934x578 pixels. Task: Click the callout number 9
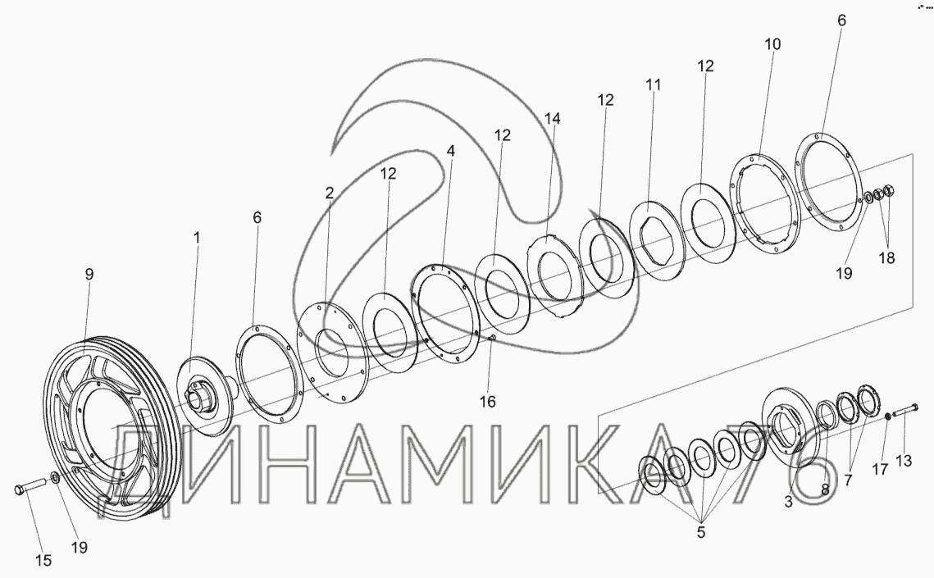click(89, 275)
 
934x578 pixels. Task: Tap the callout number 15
click(43, 559)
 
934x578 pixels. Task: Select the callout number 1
click(196, 238)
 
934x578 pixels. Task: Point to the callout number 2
click(330, 193)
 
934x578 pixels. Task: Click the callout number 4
click(451, 151)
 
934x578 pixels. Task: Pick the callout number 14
click(552, 118)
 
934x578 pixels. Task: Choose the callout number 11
click(654, 84)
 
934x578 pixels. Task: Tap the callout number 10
click(772, 43)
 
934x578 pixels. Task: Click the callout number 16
click(487, 402)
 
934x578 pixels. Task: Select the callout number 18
click(887, 257)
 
